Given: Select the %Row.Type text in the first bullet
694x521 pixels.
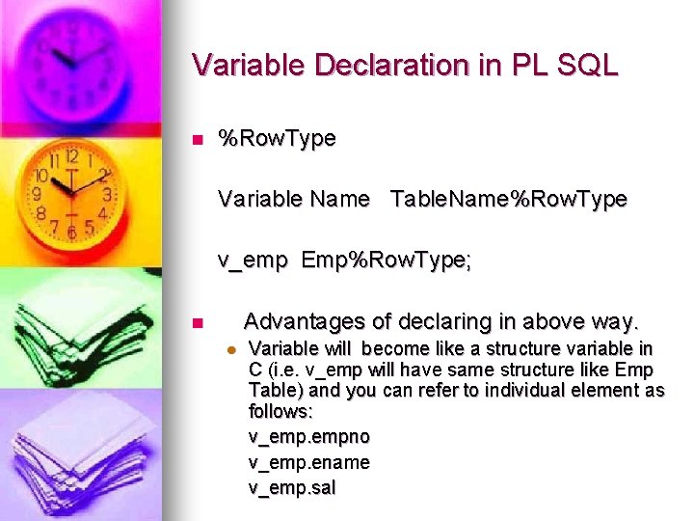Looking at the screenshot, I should click(x=278, y=139).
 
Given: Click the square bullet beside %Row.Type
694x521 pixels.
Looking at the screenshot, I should click(x=197, y=140).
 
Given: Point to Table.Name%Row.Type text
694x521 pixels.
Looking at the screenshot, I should click(x=509, y=200).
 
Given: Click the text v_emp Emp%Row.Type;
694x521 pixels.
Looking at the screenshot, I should click(x=345, y=260).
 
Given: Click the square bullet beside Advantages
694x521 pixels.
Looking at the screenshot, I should click(x=197, y=322).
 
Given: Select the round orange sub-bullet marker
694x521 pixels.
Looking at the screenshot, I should click(x=230, y=349).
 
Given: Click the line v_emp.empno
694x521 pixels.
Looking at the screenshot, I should click(x=308, y=437).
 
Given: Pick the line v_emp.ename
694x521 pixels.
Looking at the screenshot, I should click(x=308, y=462).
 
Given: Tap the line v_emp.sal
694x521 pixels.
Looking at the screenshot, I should click(x=292, y=488).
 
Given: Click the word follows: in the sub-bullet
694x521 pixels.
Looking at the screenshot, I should click(x=279, y=412).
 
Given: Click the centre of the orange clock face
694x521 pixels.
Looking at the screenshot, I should click(x=70, y=184).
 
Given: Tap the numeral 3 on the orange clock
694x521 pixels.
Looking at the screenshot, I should click(x=107, y=194).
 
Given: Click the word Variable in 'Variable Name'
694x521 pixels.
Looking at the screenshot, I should click(x=258, y=200).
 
